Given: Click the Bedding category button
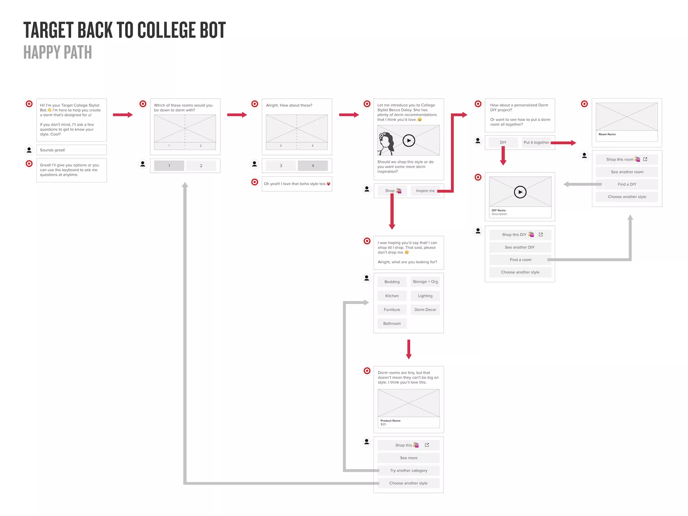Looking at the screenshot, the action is [392, 282].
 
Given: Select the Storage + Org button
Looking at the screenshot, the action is [425, 282].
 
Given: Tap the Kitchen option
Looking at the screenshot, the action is [392, 296].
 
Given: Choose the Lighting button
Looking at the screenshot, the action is [425, 296].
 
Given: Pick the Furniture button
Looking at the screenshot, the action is [392, 310].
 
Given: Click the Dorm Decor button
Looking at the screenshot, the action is [425, 310].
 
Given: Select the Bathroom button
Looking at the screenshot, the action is [392, 323].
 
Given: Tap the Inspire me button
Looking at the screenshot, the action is [425, 191].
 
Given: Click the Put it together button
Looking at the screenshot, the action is [536, 142].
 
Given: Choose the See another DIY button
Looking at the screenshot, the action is [519, 247].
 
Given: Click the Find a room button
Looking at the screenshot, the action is [520, 260].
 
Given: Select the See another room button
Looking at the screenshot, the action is [627, 172].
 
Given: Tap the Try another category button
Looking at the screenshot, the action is [408, 470].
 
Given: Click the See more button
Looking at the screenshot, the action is [408, 458].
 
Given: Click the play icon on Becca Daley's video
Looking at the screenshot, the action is [408, 141].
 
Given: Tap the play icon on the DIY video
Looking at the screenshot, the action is [520, 192].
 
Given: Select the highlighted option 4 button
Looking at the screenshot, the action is [313, 166].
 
